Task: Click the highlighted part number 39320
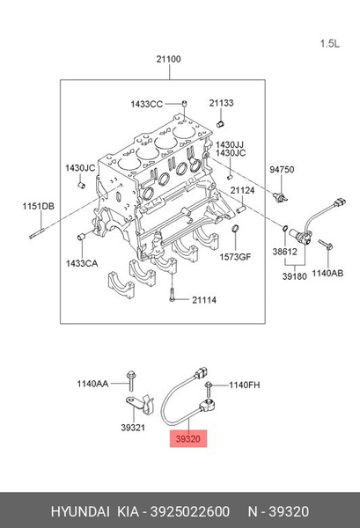tap(188, 439)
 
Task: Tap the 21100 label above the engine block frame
tap(168, 59)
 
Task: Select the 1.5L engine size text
tap(330, 44)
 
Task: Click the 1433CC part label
tap(146, 104)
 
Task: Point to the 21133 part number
tap(221, 103)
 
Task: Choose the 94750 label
tap(282, 170)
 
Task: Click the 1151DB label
tap(39, 206)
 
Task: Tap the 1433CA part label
tap(82, 263)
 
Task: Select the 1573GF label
tap(235, 257)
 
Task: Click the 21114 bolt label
tap(204, 300)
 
